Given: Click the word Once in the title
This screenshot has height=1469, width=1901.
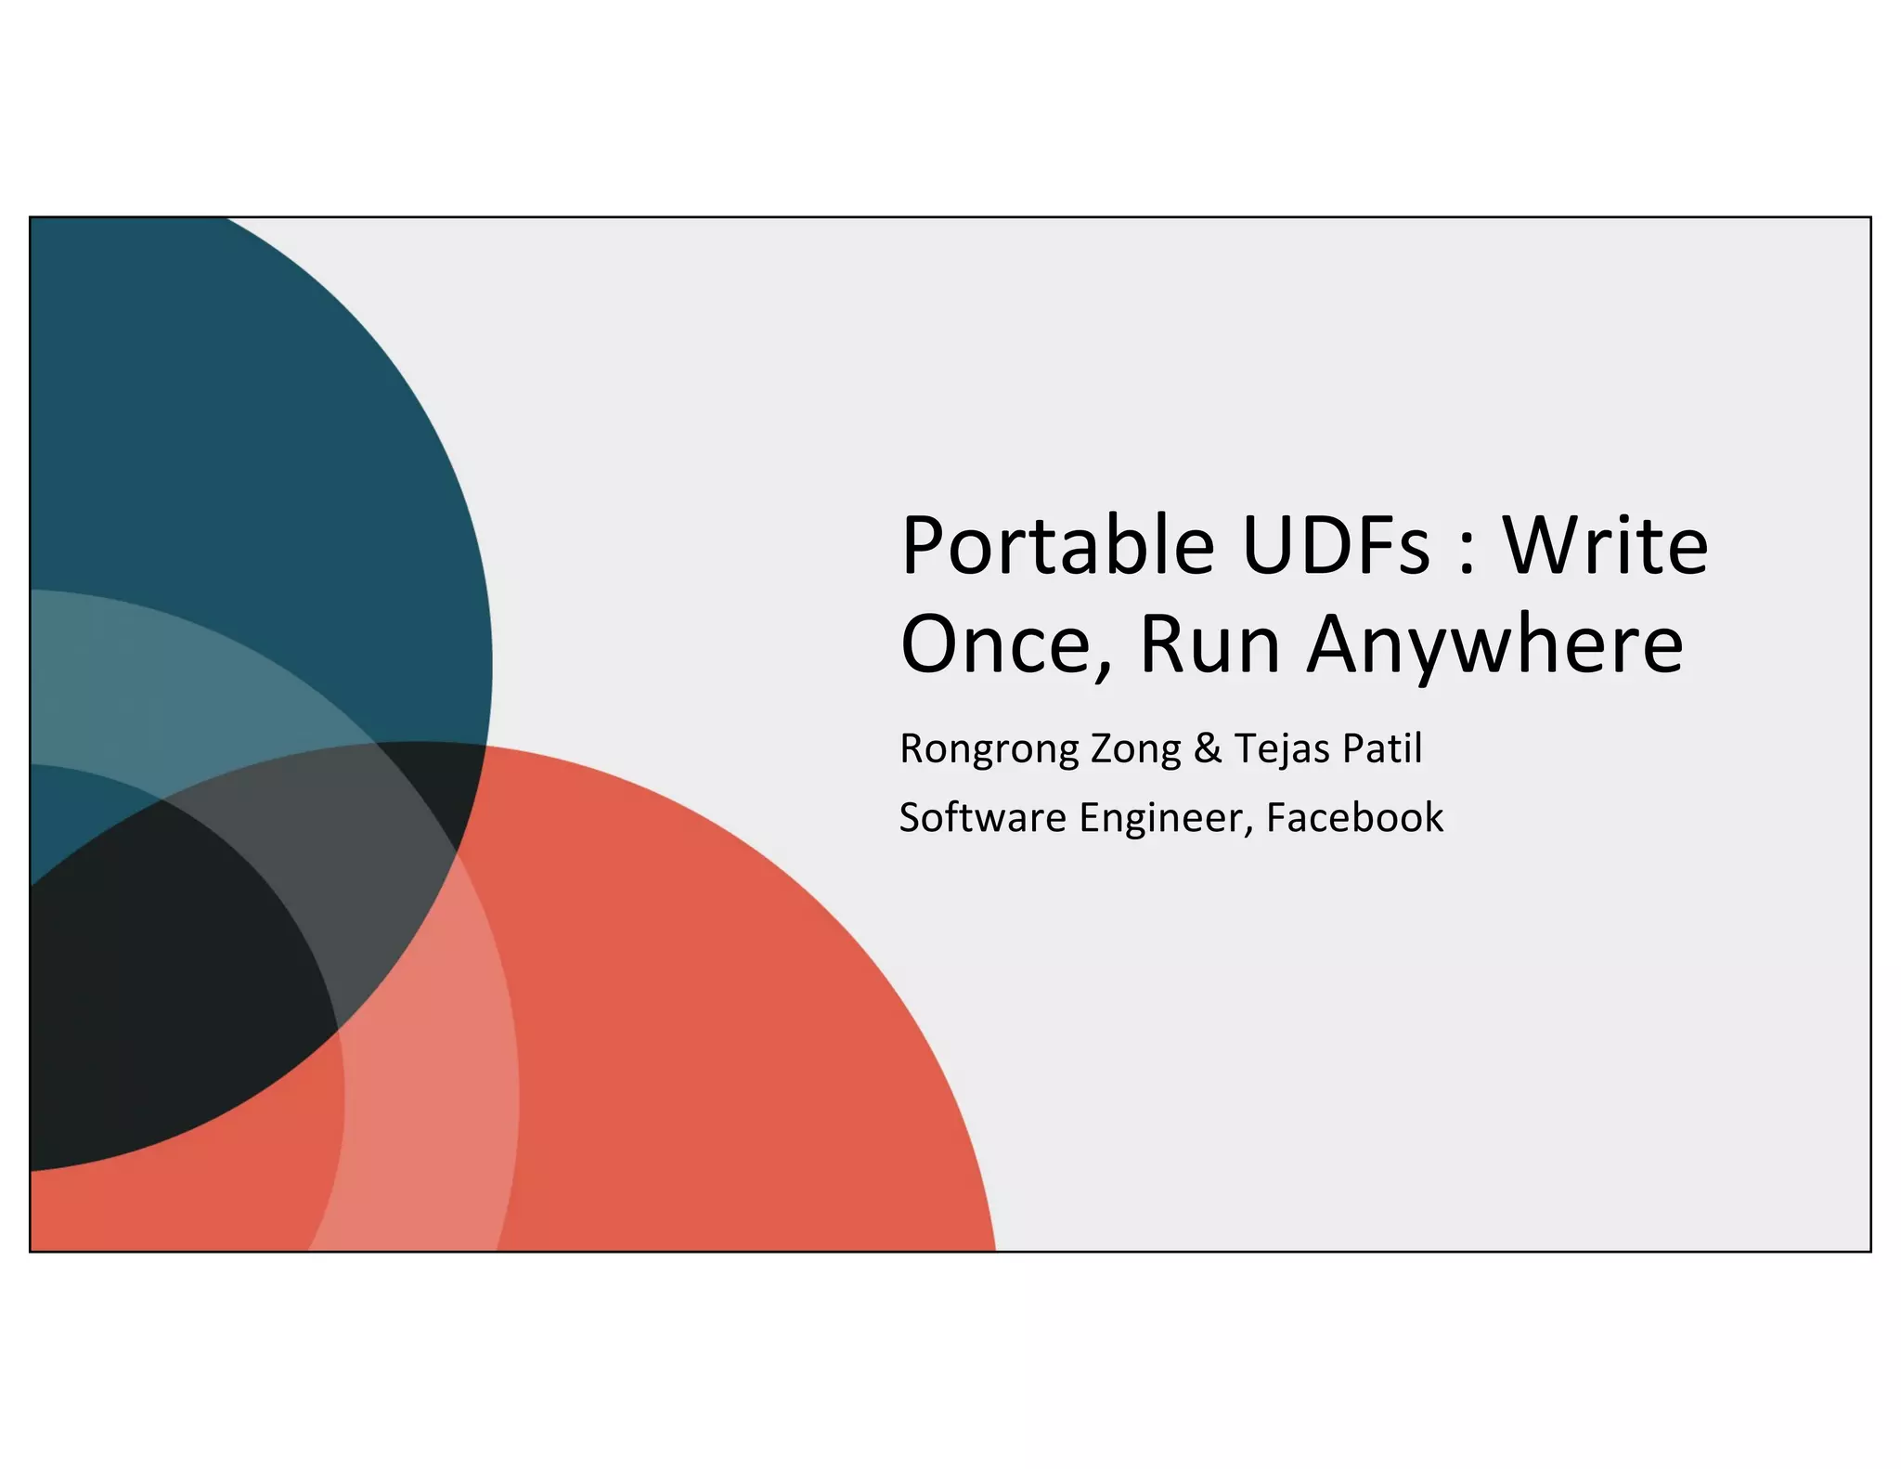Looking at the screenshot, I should click(x=997, y=644).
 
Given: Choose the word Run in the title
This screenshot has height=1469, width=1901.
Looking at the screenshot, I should click(x=1209, y=644).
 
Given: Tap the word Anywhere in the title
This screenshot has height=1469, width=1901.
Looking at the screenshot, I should click(x=1494, y=646).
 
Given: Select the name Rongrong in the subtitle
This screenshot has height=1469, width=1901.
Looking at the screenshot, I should click(x=989, y=749).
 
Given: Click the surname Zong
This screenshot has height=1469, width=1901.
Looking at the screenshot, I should click(x=1135, y=749).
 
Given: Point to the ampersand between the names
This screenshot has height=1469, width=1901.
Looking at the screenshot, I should click(x=1208, y=748).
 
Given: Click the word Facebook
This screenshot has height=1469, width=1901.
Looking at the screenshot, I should click(x=1354, y=818).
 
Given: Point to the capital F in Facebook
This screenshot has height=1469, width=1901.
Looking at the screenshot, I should click(x=1276, y=818).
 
